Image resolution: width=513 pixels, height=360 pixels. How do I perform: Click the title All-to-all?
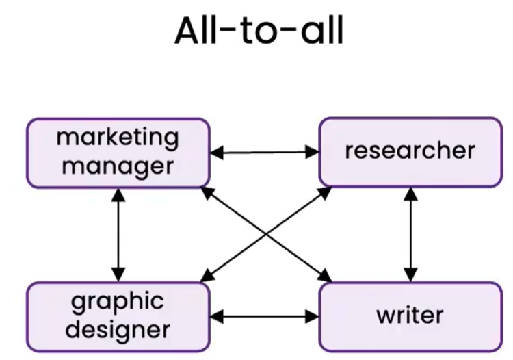coord(258,31)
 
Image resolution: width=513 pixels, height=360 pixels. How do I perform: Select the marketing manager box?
coord(118,153)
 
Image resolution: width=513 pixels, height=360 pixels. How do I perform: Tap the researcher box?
coord(410,151)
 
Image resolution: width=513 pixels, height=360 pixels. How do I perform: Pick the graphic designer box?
coord(118,316)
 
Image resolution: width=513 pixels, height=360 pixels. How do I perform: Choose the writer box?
coord(410,316)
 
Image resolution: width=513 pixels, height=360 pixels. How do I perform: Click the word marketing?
coord(118,138)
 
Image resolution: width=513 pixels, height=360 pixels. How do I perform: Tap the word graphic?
coord(118,301)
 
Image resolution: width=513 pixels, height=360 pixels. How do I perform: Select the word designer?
coord(118,330)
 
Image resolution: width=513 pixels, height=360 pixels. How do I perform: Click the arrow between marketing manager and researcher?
coord(264,153)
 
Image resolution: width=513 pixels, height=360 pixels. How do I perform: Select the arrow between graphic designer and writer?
coord(264,317)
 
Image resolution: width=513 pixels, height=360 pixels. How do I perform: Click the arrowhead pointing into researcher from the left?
coord(313,153)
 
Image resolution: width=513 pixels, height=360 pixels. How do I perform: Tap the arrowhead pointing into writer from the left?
coord(313,317)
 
